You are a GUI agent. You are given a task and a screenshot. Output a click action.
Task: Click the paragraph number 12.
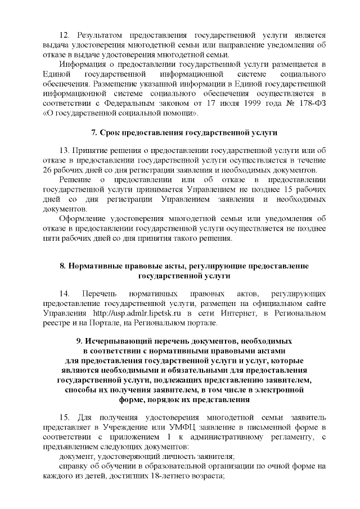[64, 35]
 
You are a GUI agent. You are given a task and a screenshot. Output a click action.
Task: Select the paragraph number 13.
[64, 151]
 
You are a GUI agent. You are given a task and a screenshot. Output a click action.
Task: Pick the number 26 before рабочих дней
[48, 170]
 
